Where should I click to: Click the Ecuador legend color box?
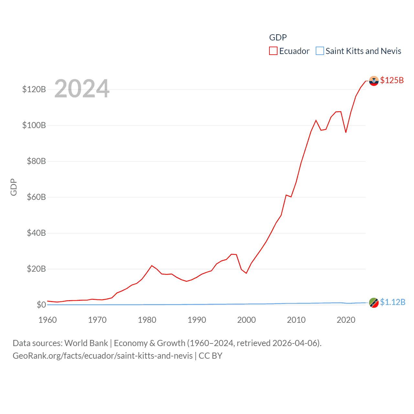[x=273, y=51]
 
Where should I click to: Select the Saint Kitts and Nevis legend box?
[x=320, y=51]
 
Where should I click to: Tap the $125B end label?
[x=392, y=80]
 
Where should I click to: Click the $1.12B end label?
[x=392, y=302]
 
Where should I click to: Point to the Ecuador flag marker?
[x=374, y=81]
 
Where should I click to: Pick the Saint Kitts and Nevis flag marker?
[x=374, y=303]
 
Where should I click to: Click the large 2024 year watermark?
[x=82, y=89]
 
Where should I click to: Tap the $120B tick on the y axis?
[x=34, y=89]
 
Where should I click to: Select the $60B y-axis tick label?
[x=36, y=197]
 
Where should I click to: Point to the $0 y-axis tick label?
[x=41, y=305]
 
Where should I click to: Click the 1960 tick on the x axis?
[x=48, y=320]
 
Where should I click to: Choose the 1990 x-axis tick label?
[x=197, y=320]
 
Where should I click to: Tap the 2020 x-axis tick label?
[x=346, y=320]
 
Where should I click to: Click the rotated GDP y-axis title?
[x=14, y=187]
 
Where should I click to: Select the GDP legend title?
[x=278, y=38]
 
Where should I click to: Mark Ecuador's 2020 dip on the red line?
[x=346, y=132]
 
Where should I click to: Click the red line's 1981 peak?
[x=152, y=266]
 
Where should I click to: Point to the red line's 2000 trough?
[x=246, y=273]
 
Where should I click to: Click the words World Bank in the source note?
[x=86, y=343]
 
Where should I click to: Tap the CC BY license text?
[x=210, y=356]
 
